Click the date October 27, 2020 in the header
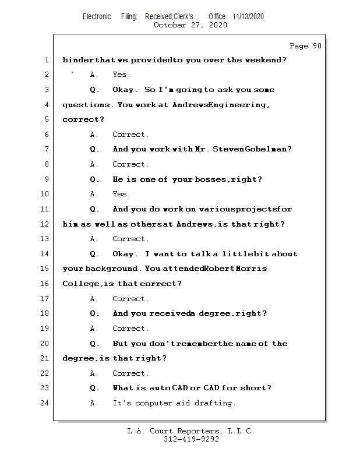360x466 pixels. [190, 25]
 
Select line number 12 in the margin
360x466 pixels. [46, 224]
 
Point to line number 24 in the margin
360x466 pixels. [46, 403]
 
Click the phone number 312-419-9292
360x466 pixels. [191, 440]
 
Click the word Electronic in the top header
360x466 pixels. [97, 16]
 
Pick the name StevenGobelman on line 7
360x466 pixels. [252, 150]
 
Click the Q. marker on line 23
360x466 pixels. [94, 388]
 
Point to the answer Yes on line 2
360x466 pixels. [121, 75]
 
